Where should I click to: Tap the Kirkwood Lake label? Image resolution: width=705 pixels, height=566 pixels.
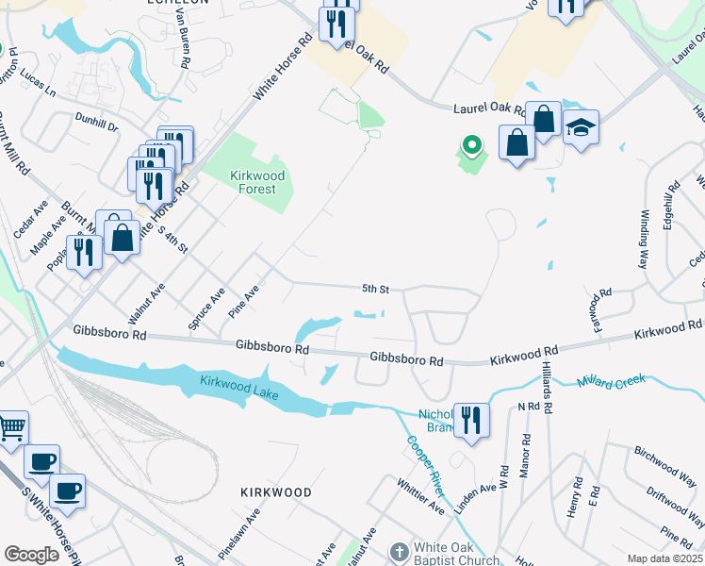click(238, 387)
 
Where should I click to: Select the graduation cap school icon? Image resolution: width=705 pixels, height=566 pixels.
click(582, 127)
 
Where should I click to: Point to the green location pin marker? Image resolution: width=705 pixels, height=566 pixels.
click(470, 145)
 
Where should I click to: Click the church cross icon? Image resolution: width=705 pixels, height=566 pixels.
click(399, 550)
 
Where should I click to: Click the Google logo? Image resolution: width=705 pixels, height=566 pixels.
click(31, 555)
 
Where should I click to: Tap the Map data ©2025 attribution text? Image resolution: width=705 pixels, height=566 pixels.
click(665, 558)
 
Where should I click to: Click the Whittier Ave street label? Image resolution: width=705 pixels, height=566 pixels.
click(420, 494)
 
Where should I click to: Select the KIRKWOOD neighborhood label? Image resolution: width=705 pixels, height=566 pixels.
click(275, 492)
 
